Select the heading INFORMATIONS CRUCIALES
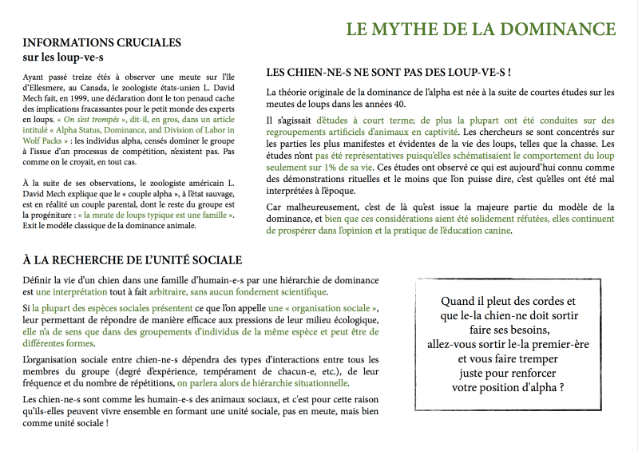pyautogui.click(x=102, y=42)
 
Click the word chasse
pyautogui.click(x=599, y=143)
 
